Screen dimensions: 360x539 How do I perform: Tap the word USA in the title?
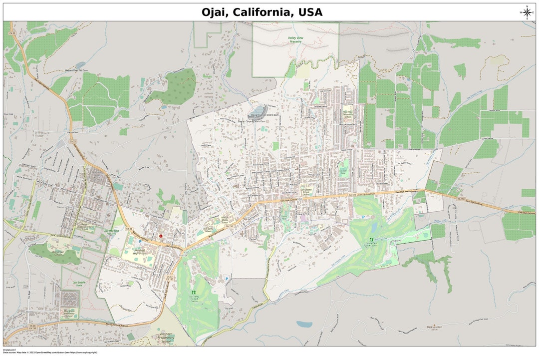[310, 12]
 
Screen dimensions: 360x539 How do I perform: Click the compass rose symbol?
[527, 12]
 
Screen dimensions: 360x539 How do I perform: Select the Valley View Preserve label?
[296, 39]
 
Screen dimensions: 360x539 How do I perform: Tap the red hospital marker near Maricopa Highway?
[161, 236]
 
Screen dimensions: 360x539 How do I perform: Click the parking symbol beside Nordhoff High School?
[133, 242]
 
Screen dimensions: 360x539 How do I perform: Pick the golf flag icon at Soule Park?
[371, 240]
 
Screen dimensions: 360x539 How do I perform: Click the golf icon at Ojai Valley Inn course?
[194, 292]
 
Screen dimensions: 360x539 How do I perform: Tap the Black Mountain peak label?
[435, 327]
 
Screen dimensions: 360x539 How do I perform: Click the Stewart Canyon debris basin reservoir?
[258, 109]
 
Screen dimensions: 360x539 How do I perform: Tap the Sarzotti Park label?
[342, 171]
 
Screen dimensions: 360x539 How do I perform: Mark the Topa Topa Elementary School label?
[347, 114]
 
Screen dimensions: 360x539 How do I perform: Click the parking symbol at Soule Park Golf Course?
[363, 217]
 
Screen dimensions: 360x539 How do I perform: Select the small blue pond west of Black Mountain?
[303, 324]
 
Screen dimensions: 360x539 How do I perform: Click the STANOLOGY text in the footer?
[9, 350]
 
